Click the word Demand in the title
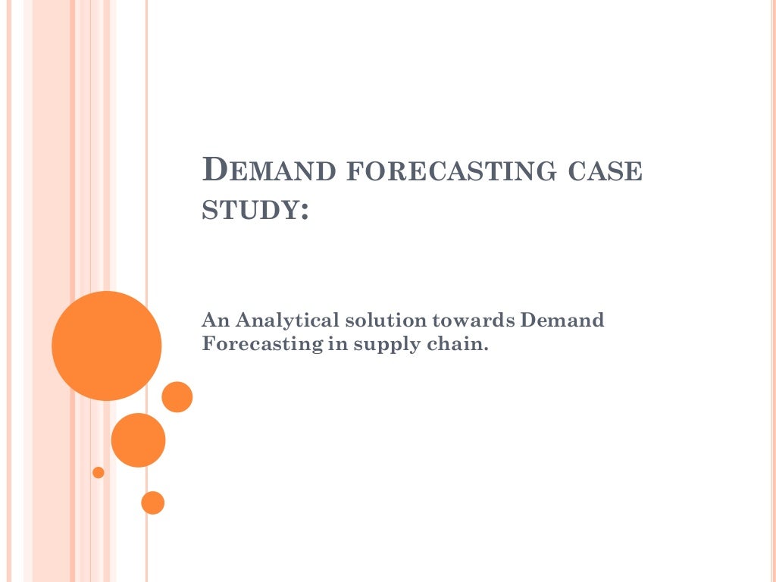269,170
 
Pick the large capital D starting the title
214,169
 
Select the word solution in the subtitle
374,321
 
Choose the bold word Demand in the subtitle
562,321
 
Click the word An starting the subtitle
213,321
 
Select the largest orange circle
107,346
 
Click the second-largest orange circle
138,440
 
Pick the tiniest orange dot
99,473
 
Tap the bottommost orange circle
152,502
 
